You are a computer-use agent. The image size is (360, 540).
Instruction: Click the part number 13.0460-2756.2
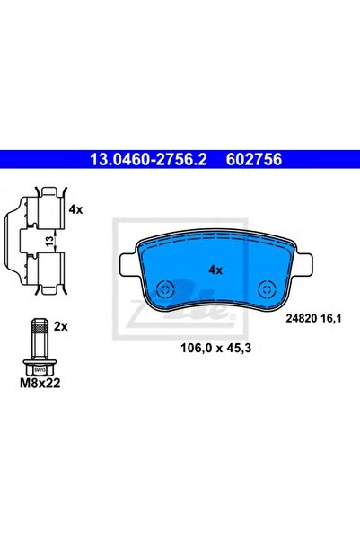point(148,159)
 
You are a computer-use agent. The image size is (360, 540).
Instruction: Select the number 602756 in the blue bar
point(254,159)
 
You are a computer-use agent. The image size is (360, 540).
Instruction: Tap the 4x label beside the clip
point(75,209)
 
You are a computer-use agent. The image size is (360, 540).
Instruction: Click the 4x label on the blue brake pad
point(215,270)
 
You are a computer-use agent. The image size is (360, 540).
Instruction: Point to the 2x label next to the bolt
point(60,326)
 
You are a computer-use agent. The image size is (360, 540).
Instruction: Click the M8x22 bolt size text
point(40,383)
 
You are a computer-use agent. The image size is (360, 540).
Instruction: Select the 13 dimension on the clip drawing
point(49,240)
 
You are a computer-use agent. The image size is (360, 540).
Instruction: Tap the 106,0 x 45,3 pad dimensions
point(216,348)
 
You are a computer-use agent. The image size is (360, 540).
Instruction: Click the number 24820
point(301,319)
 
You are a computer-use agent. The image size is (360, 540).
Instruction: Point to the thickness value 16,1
point(330,319)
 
